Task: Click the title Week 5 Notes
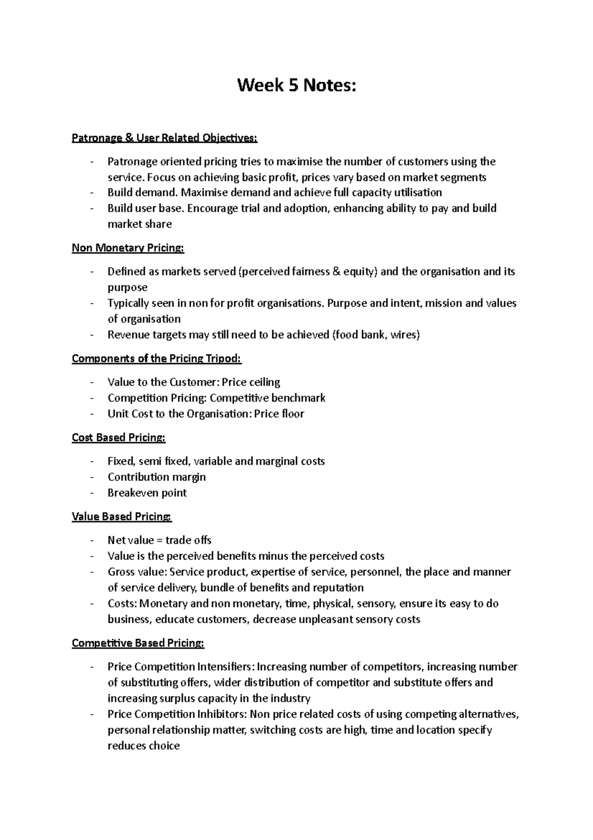[x=296, y=86]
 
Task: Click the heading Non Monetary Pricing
[x=128, y=248]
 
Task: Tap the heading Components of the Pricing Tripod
[x=157, y=359]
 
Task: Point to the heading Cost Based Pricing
[x=119, y=438]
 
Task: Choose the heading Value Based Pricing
[x=122, y=517]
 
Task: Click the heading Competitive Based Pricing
[x=138, y=644]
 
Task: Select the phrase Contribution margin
[x=157, y=477]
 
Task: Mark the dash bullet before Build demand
[x=92, y=192]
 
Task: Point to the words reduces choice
[x=144, y=746]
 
